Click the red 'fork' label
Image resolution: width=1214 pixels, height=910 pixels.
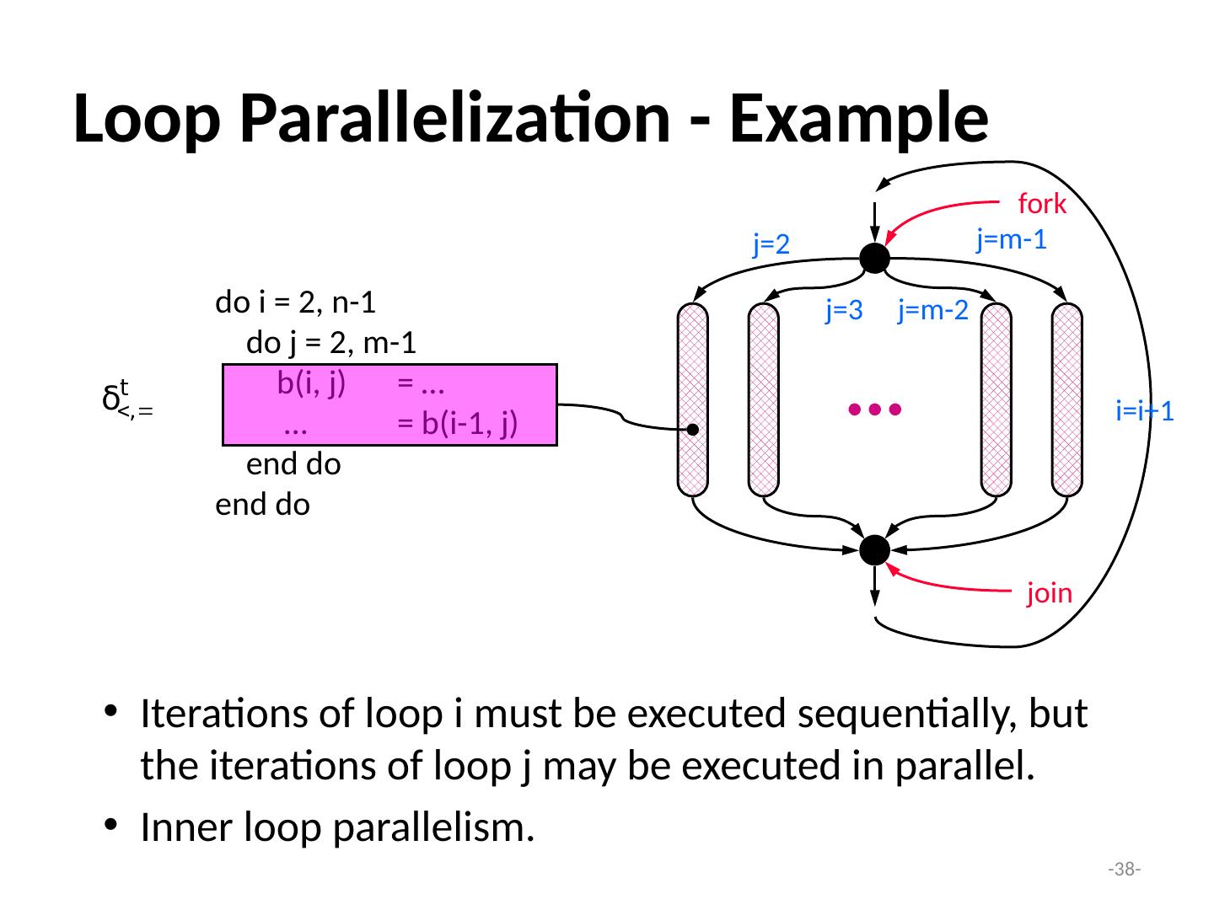pyautogui.click(x=1042, y=204)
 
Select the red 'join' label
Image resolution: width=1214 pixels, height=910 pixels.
pyautogui.click(x=1049, y=594)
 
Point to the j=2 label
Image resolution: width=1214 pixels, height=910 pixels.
pyautogui.click(x=772, y=244)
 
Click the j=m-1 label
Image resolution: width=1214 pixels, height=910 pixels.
pyautogui.click(x=1011, y=240)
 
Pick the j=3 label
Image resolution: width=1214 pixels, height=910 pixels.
pyautogui.click(x=844, y=312)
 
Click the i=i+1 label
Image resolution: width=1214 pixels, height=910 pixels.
pyautogui.click(x=1145, y=412)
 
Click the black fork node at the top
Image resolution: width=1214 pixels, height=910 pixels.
pyautogui.click(x=875, y=257)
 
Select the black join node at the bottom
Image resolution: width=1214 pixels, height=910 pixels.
pyautogui.click(x=875, y=550)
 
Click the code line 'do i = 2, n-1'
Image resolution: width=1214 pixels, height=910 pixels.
pyautogui.click(x=296, y=302)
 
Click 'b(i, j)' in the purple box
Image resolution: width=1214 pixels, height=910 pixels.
pyautogui.click(x=311, y=384)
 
